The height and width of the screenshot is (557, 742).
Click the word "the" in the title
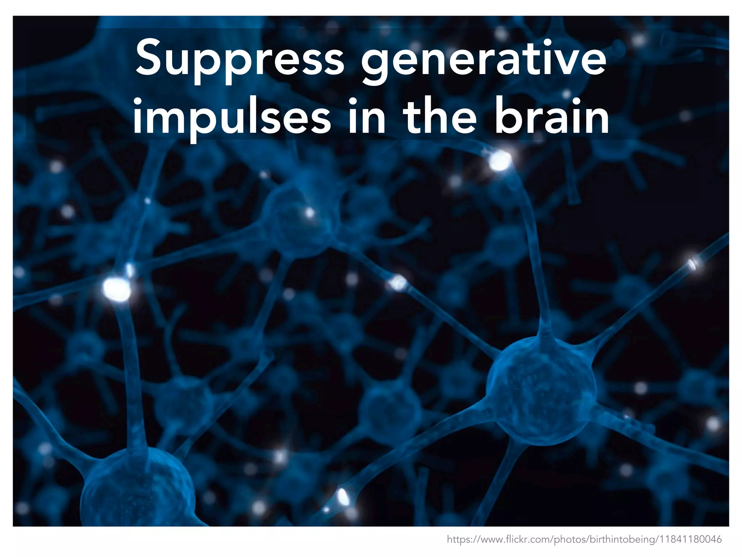coord(440,116)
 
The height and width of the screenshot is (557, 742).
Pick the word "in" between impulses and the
coord(366,116)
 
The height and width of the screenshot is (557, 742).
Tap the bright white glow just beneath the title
coord(500,160)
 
